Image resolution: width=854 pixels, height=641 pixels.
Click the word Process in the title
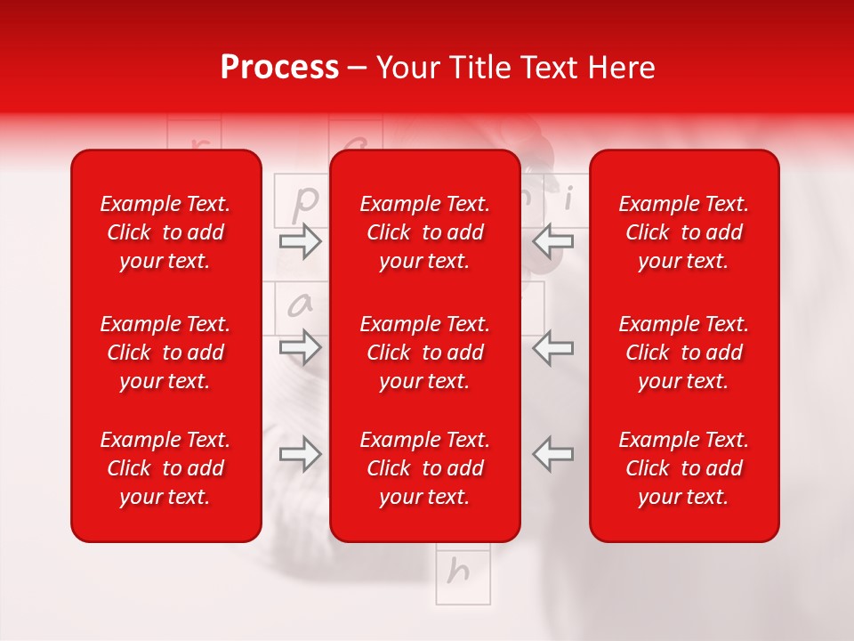279,68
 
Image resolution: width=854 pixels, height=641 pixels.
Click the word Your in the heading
407,68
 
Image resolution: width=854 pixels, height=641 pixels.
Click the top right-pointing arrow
300,241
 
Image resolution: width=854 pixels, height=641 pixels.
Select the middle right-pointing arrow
300,347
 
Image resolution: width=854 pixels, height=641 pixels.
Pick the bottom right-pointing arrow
300,454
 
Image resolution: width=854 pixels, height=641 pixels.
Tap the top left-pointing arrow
552,241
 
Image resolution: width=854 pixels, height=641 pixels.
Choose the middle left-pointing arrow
552,347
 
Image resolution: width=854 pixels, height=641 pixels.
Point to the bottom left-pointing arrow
552,454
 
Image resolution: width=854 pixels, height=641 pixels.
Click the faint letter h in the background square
459,571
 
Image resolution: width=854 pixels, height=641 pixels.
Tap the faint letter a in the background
301,305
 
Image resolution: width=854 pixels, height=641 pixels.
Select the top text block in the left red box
165,232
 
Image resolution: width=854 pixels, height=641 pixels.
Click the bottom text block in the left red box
165,468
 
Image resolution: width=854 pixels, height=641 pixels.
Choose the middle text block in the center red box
424,353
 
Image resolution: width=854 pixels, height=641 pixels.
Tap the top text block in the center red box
424,232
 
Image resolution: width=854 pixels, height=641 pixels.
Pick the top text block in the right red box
683,232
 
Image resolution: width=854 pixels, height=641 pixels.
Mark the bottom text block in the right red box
683,468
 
